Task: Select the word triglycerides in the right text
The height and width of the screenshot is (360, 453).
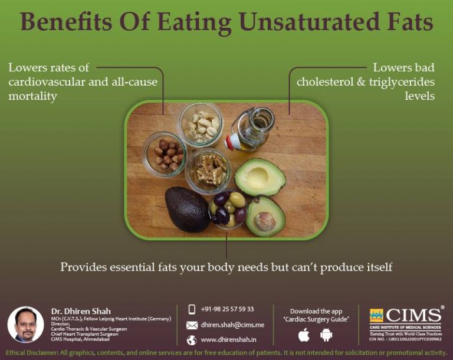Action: pos(395,82)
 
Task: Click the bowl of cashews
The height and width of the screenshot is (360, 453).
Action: pos(200,124)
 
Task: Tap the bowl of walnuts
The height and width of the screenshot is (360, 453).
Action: pos(208,170)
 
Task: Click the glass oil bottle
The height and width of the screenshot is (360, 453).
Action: pos(251,130)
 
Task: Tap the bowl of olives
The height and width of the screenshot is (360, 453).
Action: pos(229,209)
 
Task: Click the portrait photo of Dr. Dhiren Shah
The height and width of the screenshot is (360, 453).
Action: pos(25,325)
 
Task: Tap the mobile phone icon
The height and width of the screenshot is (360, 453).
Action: pos(192,309)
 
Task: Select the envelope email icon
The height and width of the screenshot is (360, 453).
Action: pos(192,325)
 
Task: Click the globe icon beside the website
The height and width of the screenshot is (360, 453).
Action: pos(192,340)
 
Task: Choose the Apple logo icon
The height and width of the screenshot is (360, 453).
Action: pos(304,335)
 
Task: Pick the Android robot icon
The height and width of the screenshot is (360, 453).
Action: pos(326,335)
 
